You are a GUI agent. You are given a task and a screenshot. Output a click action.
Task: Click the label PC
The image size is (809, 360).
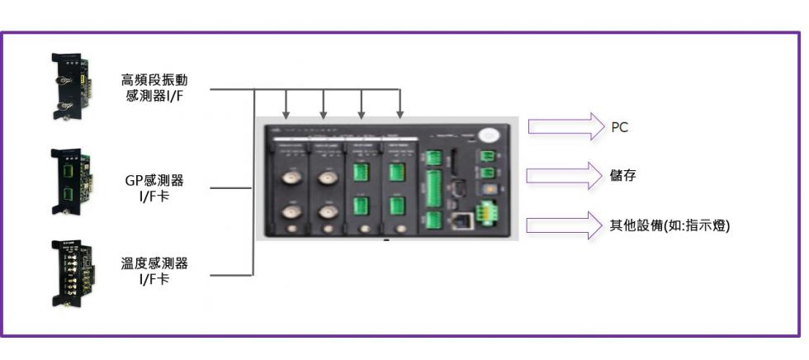tap(620, 128)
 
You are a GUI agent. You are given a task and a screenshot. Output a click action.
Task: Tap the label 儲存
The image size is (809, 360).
tap(622, 175)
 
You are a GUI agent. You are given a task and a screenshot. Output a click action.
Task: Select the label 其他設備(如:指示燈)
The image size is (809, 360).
tap(669, 225)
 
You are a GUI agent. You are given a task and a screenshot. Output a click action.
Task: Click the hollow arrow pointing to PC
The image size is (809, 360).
tap(565, 127)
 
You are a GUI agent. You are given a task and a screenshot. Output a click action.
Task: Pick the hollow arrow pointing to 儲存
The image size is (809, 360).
tap(565, 175)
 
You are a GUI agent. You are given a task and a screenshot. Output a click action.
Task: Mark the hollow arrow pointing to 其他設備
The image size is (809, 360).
tap(565, 224)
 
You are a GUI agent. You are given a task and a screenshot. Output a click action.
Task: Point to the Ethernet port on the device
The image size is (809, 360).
tap(461, 220)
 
